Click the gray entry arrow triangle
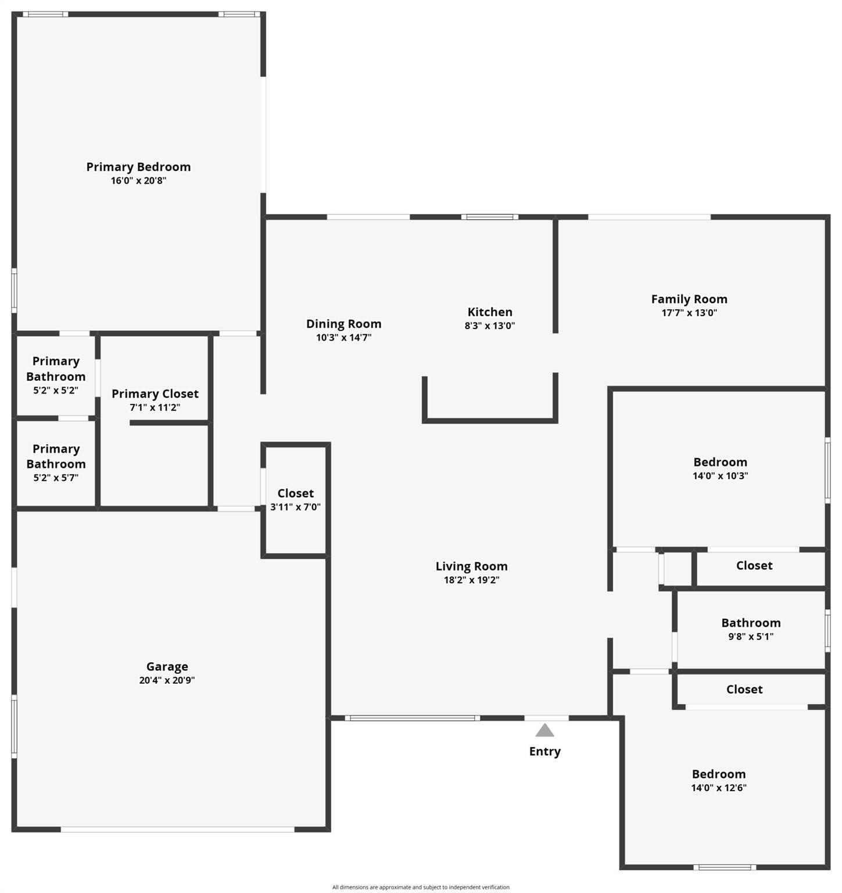[544, 730]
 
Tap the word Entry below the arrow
[545, 752]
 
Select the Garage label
[167, 667]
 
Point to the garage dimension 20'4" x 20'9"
[167, 680]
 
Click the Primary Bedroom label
[138, 167]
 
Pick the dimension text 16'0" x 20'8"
[138, 181]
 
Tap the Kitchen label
[490, 312]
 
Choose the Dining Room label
[343, 324]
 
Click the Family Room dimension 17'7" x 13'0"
[689, 313]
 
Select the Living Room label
[471, 566]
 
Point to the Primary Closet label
[155, 394]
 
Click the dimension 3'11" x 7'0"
[295, 507]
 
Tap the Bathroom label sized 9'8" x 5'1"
[751, 623]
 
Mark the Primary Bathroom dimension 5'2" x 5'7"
[56, 478]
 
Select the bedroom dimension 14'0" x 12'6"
[719, 788]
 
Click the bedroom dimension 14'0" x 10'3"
[720, 476]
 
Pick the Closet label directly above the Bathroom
[754, 566]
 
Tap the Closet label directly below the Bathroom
[744, 690]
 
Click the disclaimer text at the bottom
[421, 887]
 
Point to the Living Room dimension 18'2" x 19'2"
[471, 580]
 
